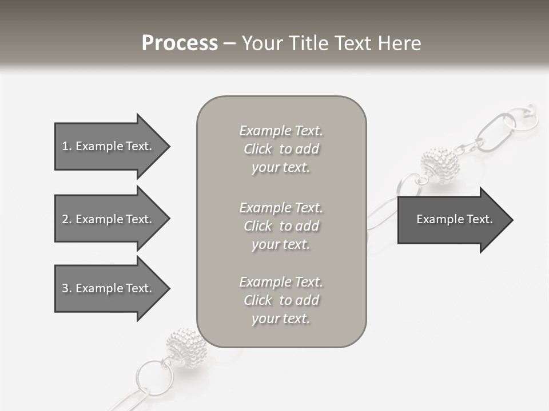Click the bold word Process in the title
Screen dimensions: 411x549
coord(180,43)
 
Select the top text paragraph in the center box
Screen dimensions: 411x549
coord(281,149)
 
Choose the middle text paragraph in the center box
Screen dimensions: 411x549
coord(281,226)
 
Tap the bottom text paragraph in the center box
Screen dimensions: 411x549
coord(281,300)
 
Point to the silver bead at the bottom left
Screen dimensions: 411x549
coord(183,346)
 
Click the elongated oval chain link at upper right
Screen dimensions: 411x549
coord(496,132)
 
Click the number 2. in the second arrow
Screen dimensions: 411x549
coord(67,219)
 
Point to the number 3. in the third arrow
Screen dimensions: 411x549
coord(67,288)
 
